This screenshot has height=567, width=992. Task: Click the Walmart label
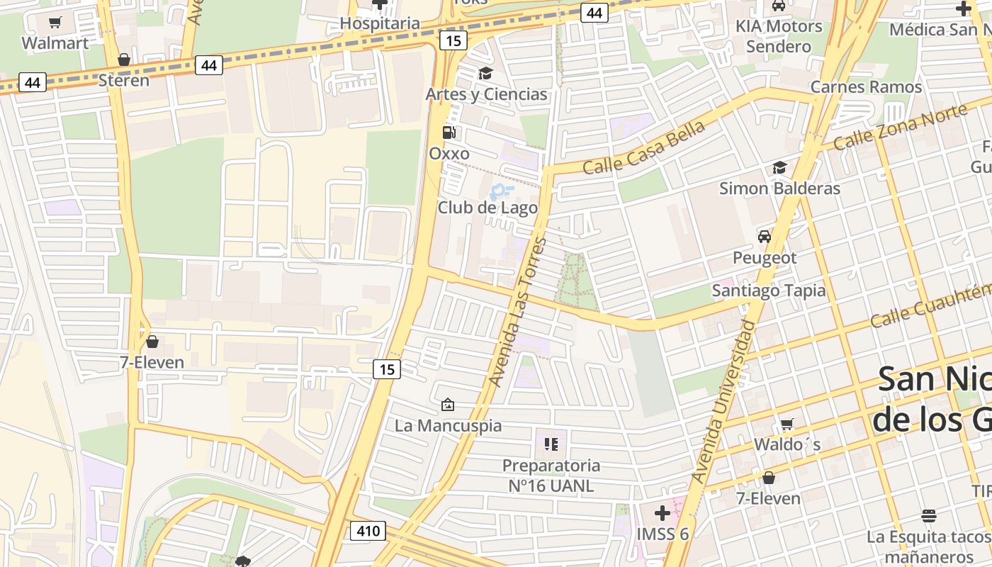55,43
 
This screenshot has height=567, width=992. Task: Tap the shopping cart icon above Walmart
55,23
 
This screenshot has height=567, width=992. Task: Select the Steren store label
124,80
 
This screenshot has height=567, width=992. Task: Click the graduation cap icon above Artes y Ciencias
485,74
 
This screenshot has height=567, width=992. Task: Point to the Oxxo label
449,154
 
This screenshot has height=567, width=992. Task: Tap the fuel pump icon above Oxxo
449,133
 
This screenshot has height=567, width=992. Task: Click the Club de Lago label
487,208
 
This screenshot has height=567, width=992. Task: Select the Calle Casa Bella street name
644,147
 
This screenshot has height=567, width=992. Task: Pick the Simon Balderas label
779,189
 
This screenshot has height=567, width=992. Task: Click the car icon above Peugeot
764,237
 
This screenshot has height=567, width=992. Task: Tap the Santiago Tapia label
769,291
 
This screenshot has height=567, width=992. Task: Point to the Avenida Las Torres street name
518,313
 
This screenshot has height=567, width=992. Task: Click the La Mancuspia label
448,426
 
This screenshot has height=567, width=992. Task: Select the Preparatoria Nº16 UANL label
551,476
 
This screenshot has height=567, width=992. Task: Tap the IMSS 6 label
663,534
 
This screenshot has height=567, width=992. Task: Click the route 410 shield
367,530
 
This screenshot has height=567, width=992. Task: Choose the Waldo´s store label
787,444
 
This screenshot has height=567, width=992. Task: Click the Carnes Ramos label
866,87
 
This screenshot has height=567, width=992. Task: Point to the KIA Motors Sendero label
779,36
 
